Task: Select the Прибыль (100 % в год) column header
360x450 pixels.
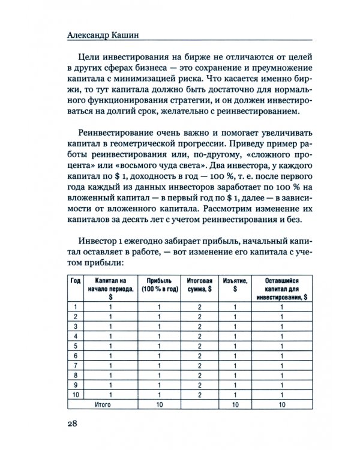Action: pos(160,284)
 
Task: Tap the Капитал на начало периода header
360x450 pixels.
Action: pos(111,284)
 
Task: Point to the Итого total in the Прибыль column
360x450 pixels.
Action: pos(160,404)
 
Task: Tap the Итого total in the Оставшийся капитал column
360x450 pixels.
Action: pos(281,404)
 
